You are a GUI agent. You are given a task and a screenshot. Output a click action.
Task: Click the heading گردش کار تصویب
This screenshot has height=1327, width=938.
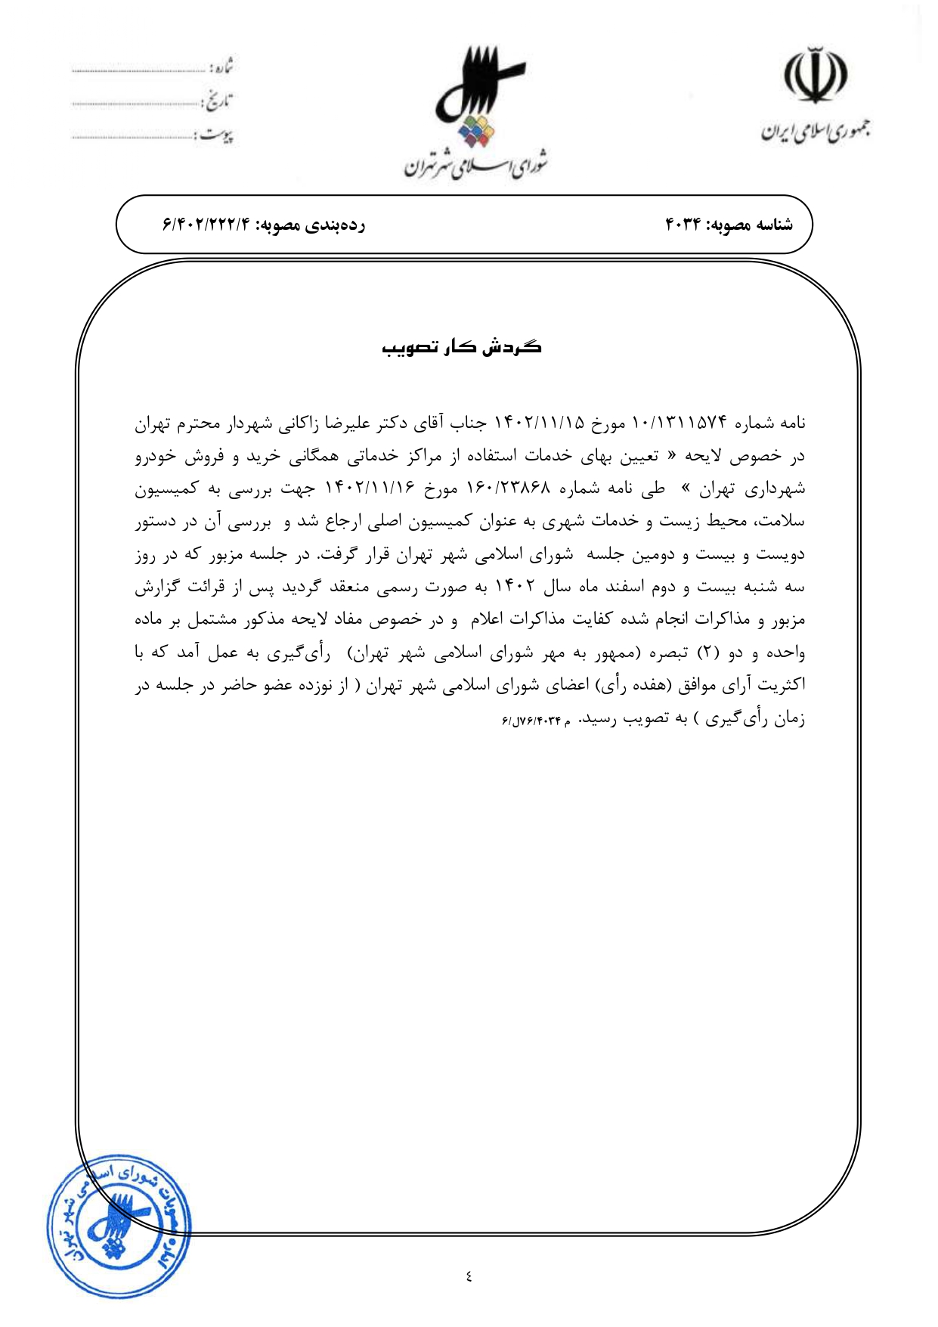click(462, 347)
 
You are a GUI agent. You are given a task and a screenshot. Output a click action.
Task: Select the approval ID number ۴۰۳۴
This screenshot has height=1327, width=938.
click(683, 225)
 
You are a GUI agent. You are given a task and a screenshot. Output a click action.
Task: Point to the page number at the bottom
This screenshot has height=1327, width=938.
click(469, 1276)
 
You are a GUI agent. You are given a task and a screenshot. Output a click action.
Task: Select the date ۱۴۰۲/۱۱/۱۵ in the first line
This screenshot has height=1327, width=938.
click(539, 423)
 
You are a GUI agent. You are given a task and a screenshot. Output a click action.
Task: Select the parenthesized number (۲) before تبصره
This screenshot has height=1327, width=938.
click(707, 653)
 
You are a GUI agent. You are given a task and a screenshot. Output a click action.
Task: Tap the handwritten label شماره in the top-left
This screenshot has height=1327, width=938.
click(221, 69)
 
